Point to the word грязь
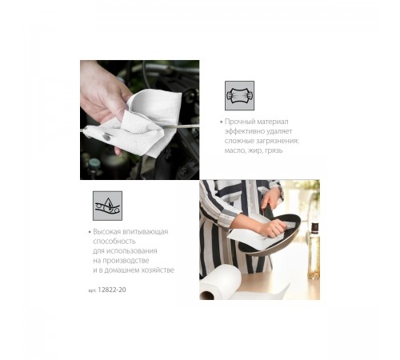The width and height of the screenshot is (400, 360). pyautogui.click(x=274, y=150)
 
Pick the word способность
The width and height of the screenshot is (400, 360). pyautogui.click(x=114, y=242)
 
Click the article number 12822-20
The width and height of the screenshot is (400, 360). pyautogui.click(x=112, y=290)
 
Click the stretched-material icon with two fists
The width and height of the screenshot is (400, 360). pyautogui.click(x=239, y=95)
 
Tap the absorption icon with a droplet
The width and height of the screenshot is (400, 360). pyautogui.click(x=107, y=206)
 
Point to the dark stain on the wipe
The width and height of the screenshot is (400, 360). pyautogui.click(x=106, y=138)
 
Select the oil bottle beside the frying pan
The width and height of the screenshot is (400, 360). pyautogui.click(x=314, y=251)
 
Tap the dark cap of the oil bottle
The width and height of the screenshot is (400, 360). pyautogui.click(x=315, y=227)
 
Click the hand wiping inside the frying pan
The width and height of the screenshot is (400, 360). pyautogui.click(x=272, y=229)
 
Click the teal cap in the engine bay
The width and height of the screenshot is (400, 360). pyautogui.click(x=94, y=163)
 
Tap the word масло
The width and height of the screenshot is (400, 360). pyautogui.click(x=235, y=150)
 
